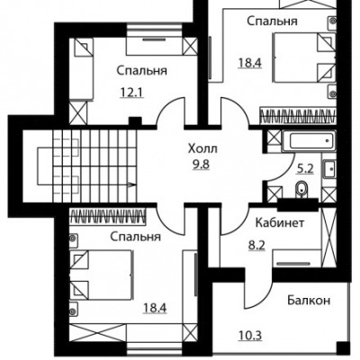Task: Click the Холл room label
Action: pyautogui.click(x=202, y=148)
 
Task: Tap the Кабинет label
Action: pyautogui.click(x=280, y=223)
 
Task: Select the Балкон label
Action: pyautogui.click(x=309, y=300)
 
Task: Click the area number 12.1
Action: pyautogui.click(x=132, y=92)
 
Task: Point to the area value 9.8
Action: pyautogui.click(x=202, y=165)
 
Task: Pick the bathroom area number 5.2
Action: pyautogui.click(x=305, y=169)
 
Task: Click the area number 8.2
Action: pyautogui.click(x=256, y=246)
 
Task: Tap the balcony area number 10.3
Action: pyautogui.click(x=250, y=335)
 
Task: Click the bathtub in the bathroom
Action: pyautogui.click(x=309, y=141)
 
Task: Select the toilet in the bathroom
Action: pyautogui.click(x=301, y=190)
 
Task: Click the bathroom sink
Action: pyautogui.click(x=329, y=169)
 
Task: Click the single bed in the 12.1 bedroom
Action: pyautogui.click(x=82, y=68)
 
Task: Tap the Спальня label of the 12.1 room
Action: pyautogui.click(x=141, y=71)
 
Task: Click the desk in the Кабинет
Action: pyautogui.click(x=296, y=258)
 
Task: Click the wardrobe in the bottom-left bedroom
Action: pyautogui.click(x=108, y=216)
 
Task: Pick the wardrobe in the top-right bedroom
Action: pyautogui.click(x=297, y=116)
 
